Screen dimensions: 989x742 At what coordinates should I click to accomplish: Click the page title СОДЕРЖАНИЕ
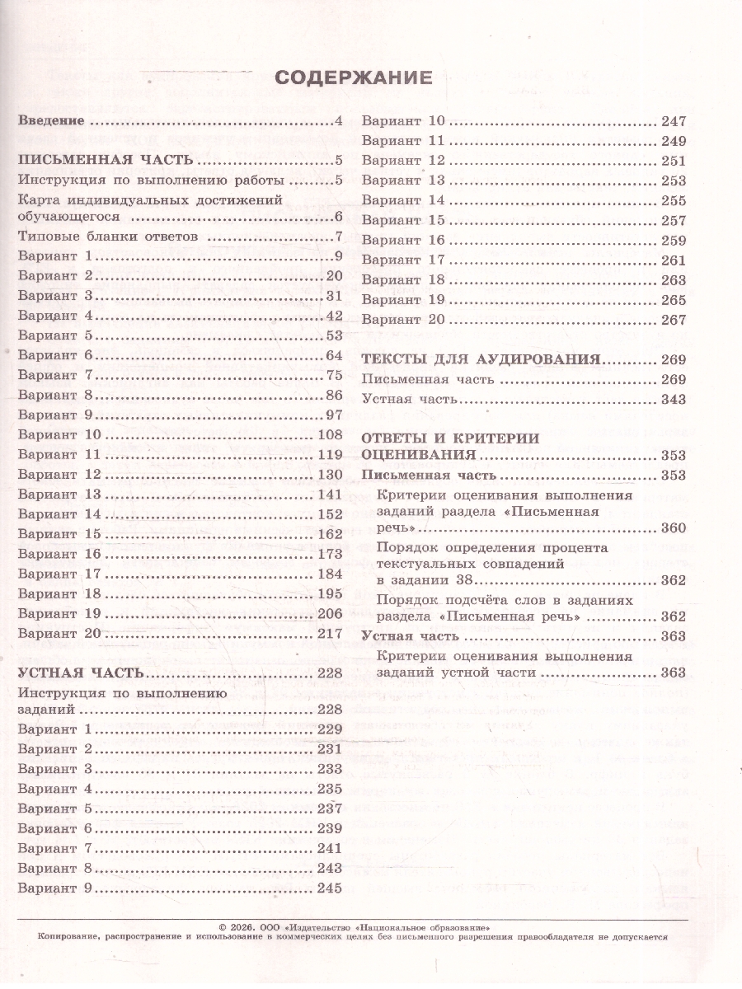coord(353,77)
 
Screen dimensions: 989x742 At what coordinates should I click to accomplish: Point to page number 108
coord(329,434)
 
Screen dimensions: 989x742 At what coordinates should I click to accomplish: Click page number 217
coord(329,633)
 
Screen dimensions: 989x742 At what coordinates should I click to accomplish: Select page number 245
coord(329,888)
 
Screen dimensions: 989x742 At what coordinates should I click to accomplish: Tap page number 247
coord(674,121)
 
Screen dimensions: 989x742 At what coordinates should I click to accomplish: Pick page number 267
coord(674,319)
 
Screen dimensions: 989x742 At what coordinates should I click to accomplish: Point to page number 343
coord(674,399)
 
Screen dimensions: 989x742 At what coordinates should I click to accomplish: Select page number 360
coord(674,527)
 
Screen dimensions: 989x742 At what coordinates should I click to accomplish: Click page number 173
coord(329,554)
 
